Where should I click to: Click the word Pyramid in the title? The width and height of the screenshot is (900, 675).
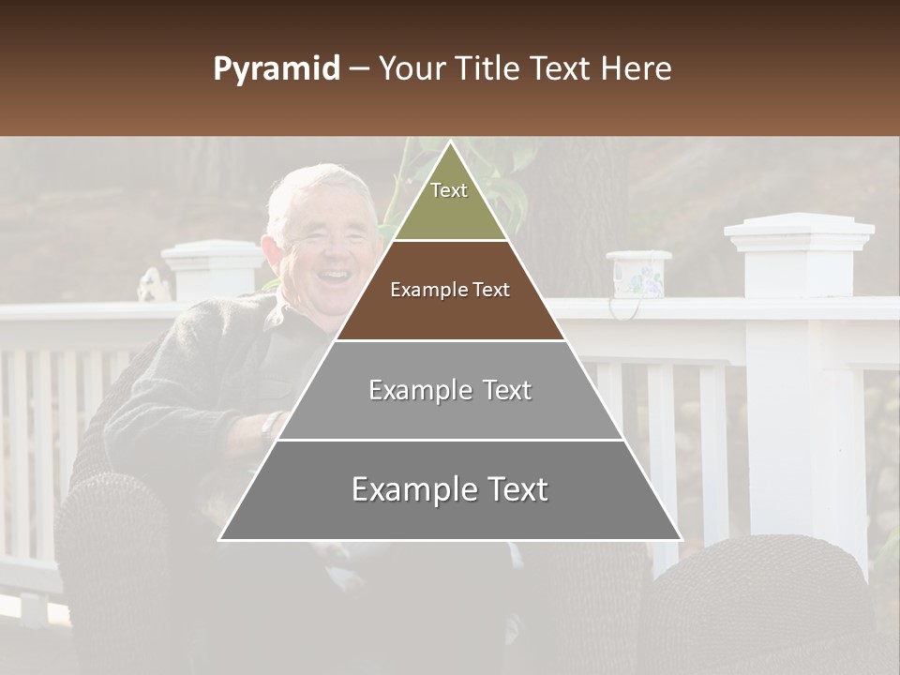point(276,69)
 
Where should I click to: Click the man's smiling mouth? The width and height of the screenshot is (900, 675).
point(332,277)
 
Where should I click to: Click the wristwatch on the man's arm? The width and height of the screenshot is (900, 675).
point(269,427)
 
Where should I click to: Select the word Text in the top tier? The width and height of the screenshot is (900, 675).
point(449,190)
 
